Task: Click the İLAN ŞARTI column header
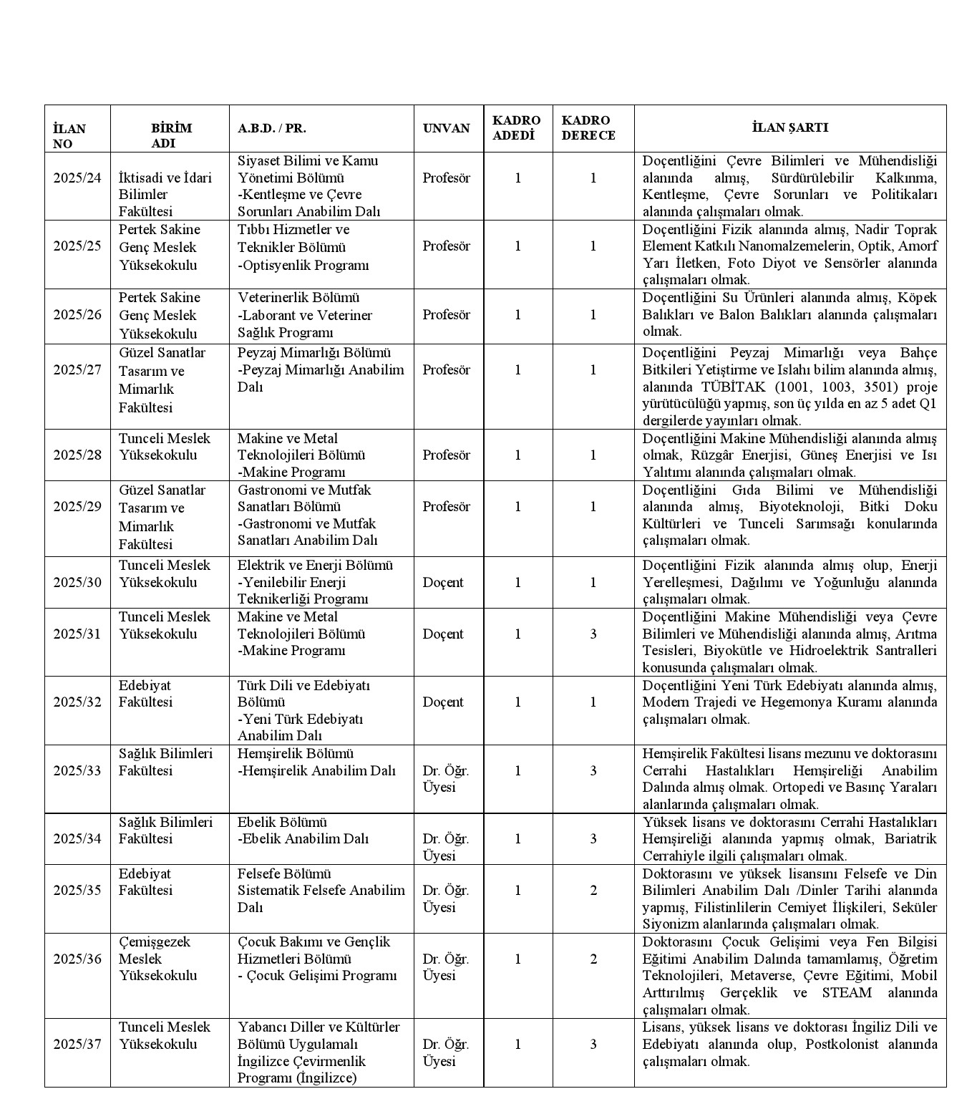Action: [789, 128]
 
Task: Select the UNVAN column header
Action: [446, 128]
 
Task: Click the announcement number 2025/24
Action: [77, 178]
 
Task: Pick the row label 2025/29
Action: [77, 506]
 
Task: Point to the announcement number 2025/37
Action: [77, 1044]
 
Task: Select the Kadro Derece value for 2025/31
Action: [593, 634]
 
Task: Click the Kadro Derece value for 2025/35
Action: [593, 890]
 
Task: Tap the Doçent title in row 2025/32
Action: [443, 702]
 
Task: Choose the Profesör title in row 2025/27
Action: [446, 369]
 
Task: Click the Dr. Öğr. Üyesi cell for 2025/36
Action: [445, 967]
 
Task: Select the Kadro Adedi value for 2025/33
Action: [518, 770]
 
